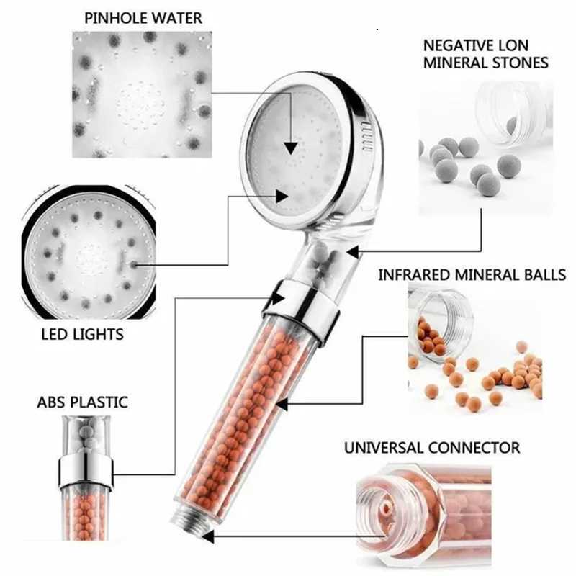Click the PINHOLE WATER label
[x=143, y=17]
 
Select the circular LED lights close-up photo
[x=89, y=252]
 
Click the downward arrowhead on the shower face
[x=289, y=147]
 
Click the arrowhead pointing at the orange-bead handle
[x=282, y=405]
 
